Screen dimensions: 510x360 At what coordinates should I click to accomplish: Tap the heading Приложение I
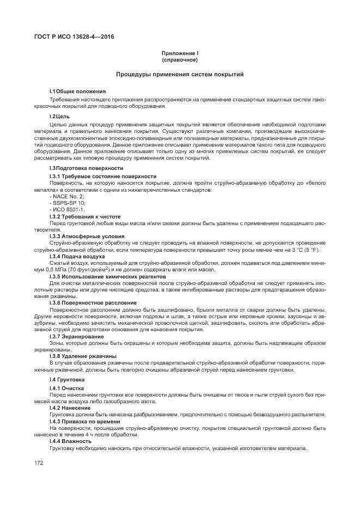180,53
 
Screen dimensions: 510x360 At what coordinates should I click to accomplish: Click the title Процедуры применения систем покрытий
180,74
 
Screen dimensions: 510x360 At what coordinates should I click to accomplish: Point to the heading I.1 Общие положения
77,90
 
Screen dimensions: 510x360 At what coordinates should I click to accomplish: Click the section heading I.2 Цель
59,116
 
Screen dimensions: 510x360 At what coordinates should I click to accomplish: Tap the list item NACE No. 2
66,196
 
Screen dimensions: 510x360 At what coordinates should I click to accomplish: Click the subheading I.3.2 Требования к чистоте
84,216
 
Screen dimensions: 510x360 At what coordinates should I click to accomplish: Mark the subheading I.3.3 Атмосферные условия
87,236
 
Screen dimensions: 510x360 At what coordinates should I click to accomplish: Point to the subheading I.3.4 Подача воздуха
77,256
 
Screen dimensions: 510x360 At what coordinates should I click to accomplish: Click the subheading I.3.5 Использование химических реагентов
106,276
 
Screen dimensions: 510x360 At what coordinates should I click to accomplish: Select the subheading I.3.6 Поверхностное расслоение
93,302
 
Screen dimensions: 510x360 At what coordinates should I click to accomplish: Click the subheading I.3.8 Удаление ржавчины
83,356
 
